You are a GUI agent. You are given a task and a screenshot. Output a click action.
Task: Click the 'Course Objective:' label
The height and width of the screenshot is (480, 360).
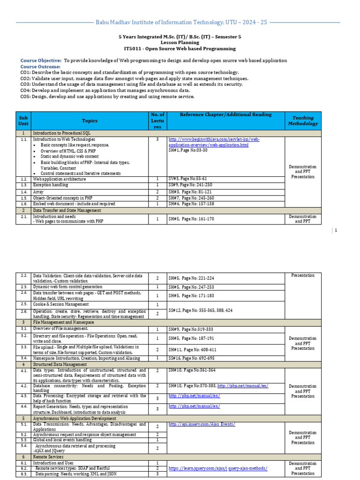41,61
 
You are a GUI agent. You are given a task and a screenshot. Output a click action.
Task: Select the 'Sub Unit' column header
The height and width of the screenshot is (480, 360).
23,120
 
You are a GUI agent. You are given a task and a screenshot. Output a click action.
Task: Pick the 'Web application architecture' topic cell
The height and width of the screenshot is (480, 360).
60,179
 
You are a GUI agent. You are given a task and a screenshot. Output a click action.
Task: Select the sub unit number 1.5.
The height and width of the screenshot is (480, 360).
23,198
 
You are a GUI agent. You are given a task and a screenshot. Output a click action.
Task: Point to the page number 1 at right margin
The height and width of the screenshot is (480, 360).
336,230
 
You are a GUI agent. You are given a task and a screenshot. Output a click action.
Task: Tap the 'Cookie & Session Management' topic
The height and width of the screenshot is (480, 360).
61,304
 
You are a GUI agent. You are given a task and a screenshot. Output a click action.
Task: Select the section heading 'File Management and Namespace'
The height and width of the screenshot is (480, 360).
63,322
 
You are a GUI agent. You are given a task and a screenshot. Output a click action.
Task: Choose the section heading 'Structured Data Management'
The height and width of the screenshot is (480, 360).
60,364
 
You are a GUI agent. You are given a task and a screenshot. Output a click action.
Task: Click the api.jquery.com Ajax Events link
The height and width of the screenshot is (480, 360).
202,424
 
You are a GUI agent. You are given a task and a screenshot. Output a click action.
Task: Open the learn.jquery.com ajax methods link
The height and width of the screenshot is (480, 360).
218,468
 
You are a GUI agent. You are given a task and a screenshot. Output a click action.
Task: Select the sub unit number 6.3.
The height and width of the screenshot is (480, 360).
23,474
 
